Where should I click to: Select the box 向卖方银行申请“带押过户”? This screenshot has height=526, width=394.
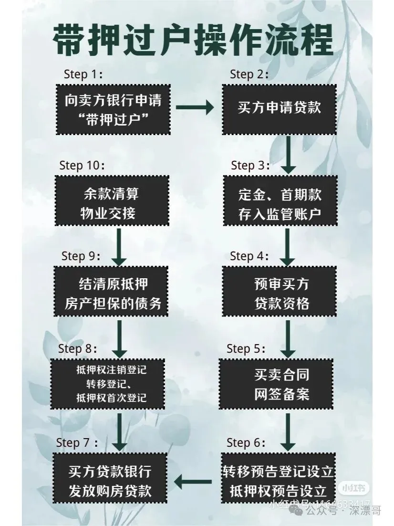coord(113,109)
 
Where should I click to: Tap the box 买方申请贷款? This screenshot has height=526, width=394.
coord(280,108)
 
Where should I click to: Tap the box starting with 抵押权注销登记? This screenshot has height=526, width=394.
coord(112,384)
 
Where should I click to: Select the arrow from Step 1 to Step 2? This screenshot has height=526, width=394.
coord(195,108)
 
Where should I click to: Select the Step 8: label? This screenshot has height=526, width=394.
coord(79,348)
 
